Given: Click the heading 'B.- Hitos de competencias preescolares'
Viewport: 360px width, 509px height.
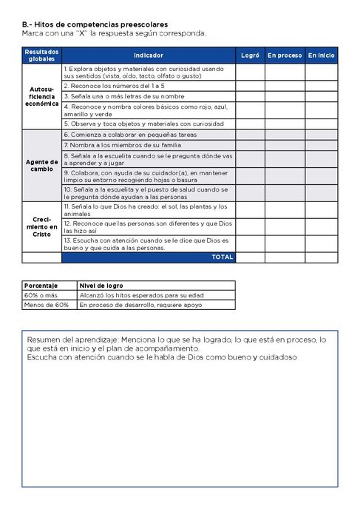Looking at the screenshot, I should tap(95, 24).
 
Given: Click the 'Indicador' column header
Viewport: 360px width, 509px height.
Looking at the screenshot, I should tap(149, 55).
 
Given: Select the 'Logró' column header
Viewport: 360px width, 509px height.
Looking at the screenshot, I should tap(250, 55).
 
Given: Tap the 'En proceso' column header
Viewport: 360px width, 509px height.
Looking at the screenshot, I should tap(285, 55).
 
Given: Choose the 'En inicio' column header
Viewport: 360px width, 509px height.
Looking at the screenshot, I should tap(321, 55).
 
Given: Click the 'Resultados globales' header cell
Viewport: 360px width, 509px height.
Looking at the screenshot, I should tap(41, 55).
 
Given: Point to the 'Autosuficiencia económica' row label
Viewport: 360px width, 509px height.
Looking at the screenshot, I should tap(41, 97).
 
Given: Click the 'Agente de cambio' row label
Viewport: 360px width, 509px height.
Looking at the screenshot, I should tap(41, 165).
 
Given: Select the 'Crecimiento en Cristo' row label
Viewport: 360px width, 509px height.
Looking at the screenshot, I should tap(41, 226).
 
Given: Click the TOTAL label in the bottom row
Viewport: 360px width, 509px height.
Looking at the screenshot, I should tap(223, 257).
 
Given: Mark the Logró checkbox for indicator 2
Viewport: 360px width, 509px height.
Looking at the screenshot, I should tap(250, 86).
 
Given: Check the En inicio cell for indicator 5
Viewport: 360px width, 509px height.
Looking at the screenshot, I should tap(321, 124).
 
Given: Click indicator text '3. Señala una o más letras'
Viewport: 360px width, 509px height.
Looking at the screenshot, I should tap(123, 96).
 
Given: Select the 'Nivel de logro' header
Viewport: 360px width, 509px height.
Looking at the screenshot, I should tap(102, 285).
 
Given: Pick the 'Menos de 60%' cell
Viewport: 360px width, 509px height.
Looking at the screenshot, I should tap(46, 304).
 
